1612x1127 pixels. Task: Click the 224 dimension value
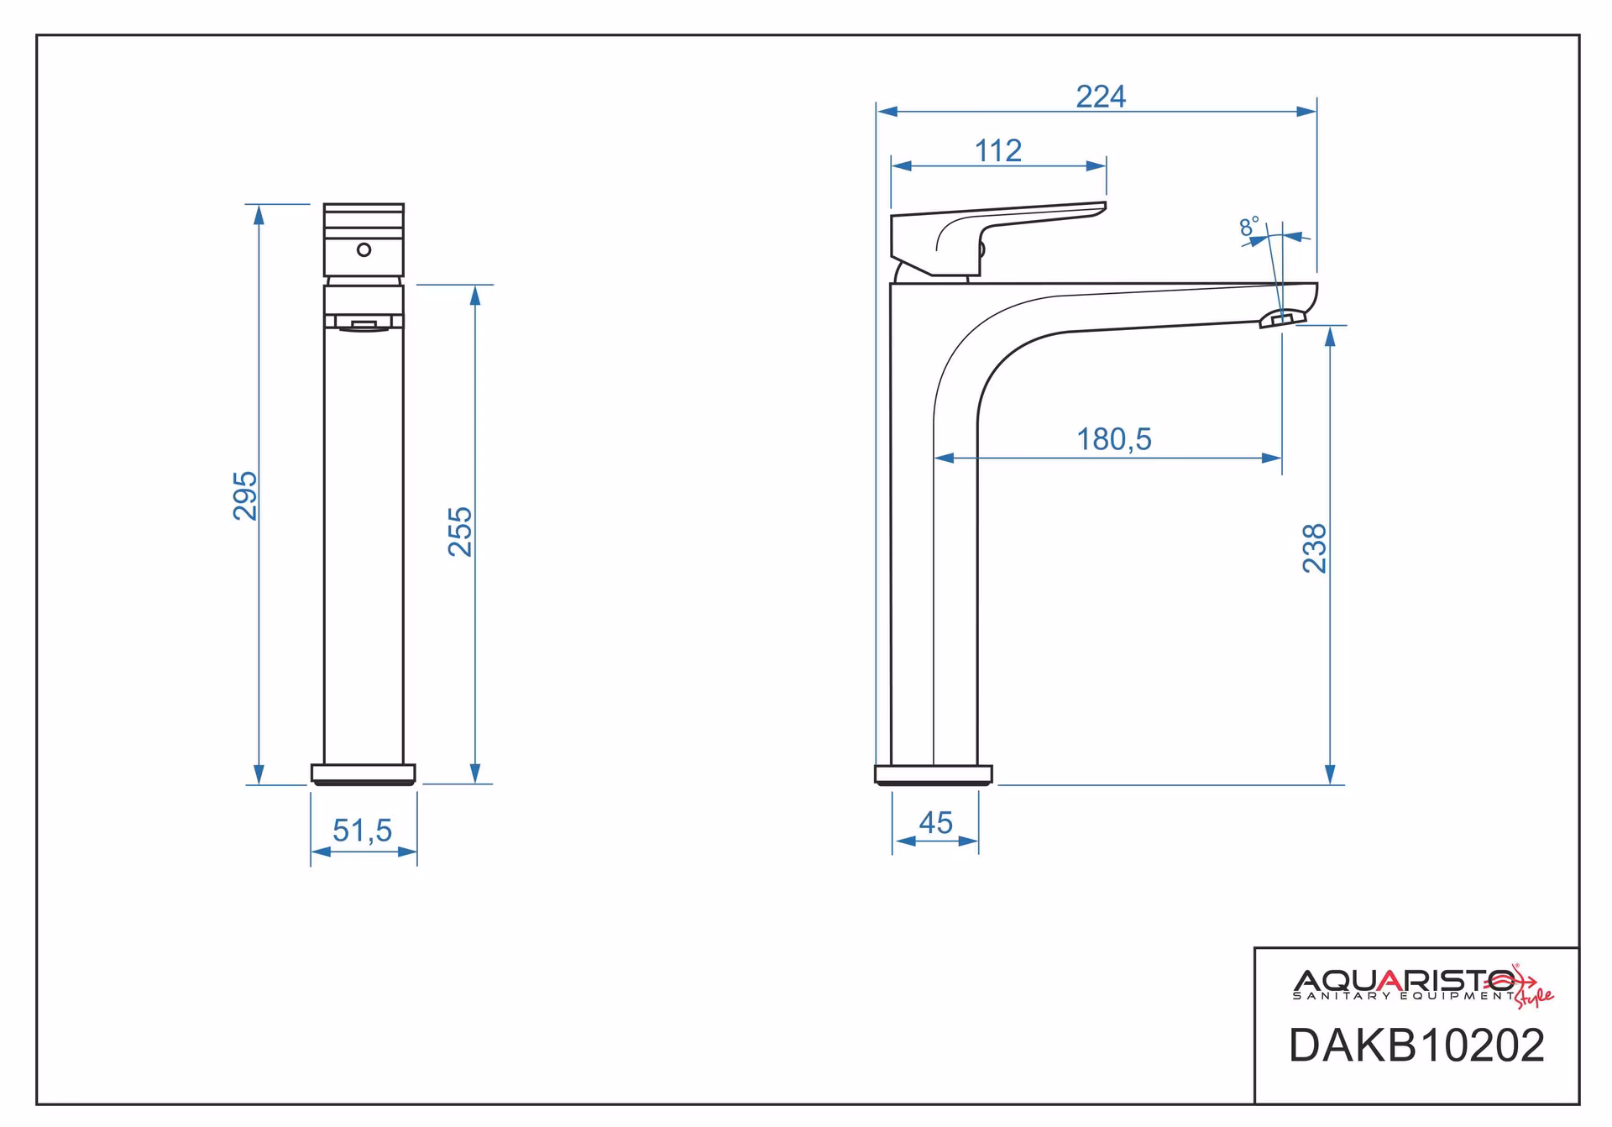click(x=1101, y=97)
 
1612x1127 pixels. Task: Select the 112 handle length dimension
click(x=998, y=151)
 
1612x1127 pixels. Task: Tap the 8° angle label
click(x=1249, y=227)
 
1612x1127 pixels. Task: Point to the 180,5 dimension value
click(x=1114, y=439)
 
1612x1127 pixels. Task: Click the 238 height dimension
click(x=1315, y=548)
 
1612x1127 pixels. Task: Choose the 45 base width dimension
click(x=936, y=823)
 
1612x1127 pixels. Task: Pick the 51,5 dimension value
click(x=363, y=831)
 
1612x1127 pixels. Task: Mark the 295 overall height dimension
click(x=245, y=495)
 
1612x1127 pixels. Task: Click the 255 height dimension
click(x=460, y=532)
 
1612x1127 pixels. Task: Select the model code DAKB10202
click(x=1416, y=1046)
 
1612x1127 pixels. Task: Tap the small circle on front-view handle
click(x=364, y=249)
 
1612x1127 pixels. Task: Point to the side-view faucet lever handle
click(x=998, y=239)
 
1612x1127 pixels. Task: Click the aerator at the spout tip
click(x=1283, y=317)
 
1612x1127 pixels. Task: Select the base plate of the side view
click(x=934, y=775)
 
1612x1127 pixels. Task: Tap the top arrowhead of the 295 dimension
click(x=259, y=214)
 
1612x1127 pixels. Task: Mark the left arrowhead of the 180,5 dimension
click(x=945, y=459)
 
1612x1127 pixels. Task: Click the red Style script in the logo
click(x=1533, y=996)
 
